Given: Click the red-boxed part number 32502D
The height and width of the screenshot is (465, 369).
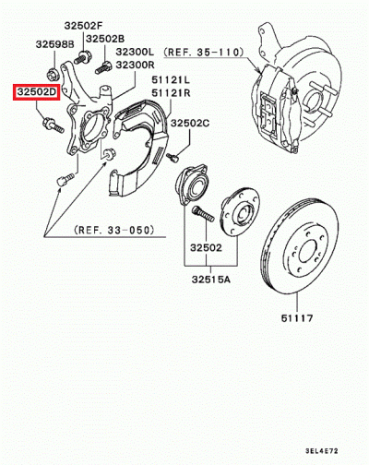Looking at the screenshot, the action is coord(35,92).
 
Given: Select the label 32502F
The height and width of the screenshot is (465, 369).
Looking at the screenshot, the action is coord(82,26).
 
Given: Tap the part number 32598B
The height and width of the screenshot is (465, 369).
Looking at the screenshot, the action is coord(55,44).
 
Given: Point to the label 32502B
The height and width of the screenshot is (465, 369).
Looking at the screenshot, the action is coord(105,39).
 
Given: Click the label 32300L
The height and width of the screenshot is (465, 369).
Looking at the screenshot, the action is coord(135,52).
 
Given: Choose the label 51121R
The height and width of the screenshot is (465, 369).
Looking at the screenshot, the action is coord(171,92).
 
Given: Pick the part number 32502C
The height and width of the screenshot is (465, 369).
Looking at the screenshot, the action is coord(190,124).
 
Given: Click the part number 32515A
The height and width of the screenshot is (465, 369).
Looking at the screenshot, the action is coord(211,280).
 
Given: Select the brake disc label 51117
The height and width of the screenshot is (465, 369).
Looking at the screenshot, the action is coord(297,317).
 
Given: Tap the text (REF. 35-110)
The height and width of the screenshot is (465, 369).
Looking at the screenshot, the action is coord(204,53).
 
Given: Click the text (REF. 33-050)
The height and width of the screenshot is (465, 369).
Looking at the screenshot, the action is coord(113,230).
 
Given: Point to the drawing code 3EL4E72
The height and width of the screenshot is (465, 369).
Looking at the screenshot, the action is coord(322,451).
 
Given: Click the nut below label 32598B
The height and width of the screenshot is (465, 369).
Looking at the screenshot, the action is coord(53,75).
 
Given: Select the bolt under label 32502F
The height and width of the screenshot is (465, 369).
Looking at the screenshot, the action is coord(81,57).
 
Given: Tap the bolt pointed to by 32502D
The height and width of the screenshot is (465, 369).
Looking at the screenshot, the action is coord(53,125).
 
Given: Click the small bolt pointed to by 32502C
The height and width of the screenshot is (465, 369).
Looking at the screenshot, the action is coord(173,158).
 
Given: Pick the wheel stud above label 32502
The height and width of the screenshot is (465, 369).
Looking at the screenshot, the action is coord(203,214).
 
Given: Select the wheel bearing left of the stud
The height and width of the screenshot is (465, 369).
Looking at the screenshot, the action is coord(191,184).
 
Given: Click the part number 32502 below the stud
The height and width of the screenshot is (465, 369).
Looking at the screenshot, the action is coord(206,247).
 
